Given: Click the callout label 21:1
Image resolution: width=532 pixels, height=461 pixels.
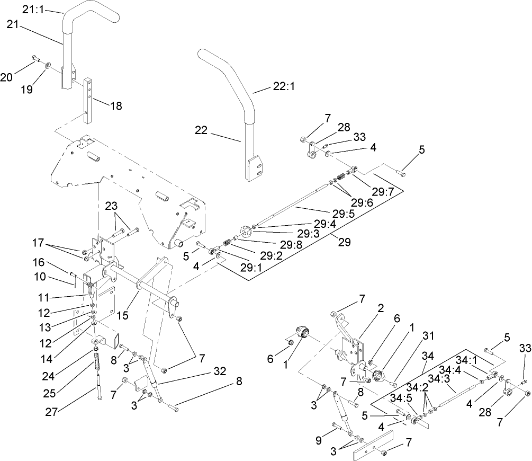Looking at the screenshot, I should tap(34, 9).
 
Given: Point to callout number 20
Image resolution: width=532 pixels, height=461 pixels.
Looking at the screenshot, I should tap(6, 77).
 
